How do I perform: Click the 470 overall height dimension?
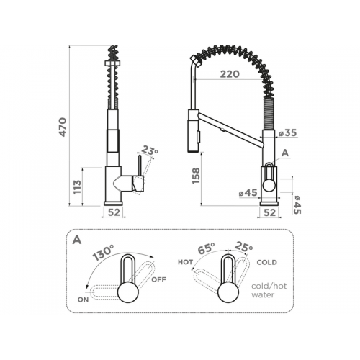(x=63, y=127)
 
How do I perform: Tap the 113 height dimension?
(x=77, y=187)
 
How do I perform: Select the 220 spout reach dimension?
(x=230, y=74)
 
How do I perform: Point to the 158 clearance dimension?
(x=196, y=176)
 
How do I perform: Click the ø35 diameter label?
(x=288, y=132)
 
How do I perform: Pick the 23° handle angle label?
(x=149, y=150)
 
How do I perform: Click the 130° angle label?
(x=104, y=253)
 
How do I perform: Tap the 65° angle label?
(x=206, y=248)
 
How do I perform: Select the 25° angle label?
(x=243, y=246)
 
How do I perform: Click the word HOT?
(x=185, y=262)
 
